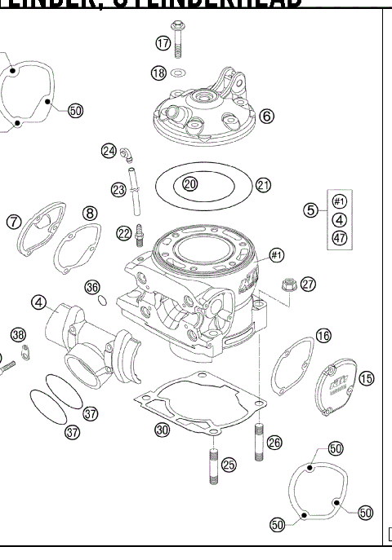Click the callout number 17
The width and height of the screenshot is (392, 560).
(x=163, y=43)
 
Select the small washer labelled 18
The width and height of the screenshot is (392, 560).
(x=181, y=73)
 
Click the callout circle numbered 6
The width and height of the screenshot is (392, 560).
(x=266, y=116)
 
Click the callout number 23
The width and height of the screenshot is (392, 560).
(x=119, y=190)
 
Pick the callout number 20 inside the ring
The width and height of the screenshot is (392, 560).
(x=189, y=184)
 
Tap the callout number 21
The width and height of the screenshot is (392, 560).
(x=262, y=185)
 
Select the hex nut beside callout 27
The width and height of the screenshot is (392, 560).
(x=287, y=284)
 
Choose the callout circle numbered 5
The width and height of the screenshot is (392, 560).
(x=310, y=210)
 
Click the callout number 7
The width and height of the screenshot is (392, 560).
(x=14, y=222)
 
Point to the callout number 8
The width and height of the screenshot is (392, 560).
(x=90, y=214)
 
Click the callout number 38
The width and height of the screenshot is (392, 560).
(x=18, y=334)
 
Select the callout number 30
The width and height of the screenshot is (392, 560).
(x=162, y=430)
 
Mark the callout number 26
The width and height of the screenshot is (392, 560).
(x=274, y=443)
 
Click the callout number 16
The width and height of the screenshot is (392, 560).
(x=323, y=335)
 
